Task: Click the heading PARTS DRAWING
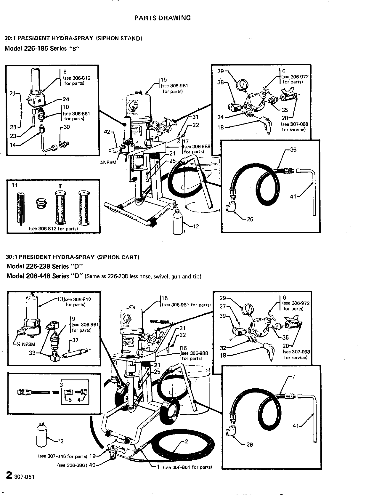coord(163,18)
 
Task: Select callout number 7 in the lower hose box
coord(293,377)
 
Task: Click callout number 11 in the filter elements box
coord(15,185)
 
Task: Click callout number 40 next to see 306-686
coord(92,465)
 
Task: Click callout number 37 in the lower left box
coord(75,340)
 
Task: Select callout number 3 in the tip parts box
coord(61,385)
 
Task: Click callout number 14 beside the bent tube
coord(13,145)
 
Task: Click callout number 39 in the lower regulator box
coord(223,316)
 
